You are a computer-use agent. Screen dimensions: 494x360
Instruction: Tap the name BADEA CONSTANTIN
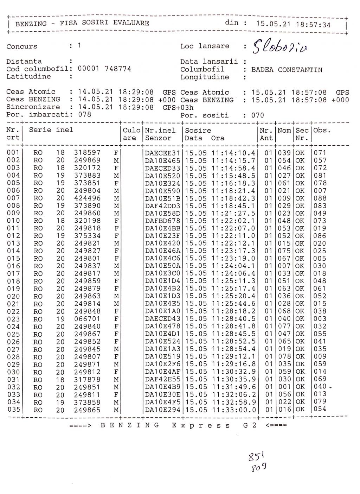click(x=287, y=70)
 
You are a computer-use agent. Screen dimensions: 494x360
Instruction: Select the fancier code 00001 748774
click(x=104, y=69)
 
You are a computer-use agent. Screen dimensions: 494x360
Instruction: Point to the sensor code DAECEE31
click(x=162, y=153)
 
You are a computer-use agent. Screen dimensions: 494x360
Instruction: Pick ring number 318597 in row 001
click(x=87, y=153)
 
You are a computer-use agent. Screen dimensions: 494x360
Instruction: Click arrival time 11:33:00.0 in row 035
click(x=234, y=410)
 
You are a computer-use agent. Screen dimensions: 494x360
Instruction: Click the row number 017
click(x=13, y=274)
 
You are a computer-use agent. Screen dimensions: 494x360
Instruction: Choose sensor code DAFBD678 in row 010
click(x=162, y=221)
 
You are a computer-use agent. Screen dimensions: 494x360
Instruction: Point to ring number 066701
click(x=87, y=319)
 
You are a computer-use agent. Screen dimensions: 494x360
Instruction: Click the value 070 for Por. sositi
click(x=257, y=115)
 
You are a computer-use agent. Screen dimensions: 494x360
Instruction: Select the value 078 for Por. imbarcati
click(x=84, y=114)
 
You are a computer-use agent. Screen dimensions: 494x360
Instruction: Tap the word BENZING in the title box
click(x=31, y=24)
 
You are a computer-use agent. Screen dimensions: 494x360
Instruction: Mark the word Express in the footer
click(x=202, y=425)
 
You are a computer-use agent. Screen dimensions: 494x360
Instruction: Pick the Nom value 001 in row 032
click(x=285, y=387)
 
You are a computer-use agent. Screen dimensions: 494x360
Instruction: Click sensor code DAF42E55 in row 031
click(x=162, y=380)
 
